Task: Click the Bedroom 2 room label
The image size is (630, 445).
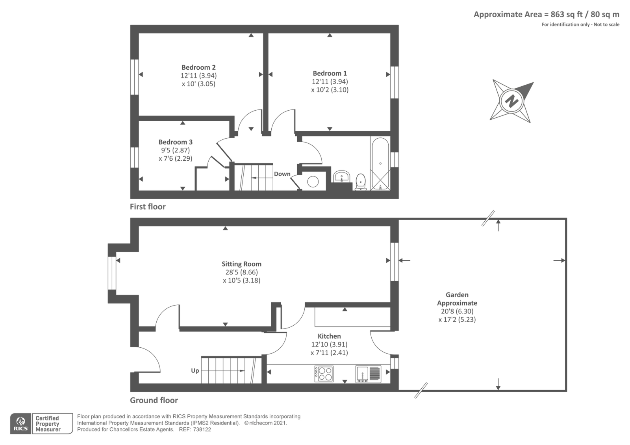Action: coord(198,67)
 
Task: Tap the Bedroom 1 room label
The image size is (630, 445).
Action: coord(330,73)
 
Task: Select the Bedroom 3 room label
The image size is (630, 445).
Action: coord(176,142)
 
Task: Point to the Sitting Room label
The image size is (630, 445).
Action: coord(241,264)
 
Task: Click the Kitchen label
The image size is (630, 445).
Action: coord(329,336)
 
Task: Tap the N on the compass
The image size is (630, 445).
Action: coord(511,100)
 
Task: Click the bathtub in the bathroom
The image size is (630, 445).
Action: coord(380,164)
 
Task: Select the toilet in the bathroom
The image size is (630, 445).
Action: coord(361,182)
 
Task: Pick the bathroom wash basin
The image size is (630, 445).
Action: coord(341,176)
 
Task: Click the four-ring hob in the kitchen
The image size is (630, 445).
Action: coord(324,374)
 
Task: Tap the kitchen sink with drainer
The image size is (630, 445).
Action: coord(368,374)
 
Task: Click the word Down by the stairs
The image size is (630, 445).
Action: coord(282,174)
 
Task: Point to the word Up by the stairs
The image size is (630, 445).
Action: coord(195,371)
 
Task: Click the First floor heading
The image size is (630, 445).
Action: coord(148,207)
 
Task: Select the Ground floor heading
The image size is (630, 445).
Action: coord(154,400)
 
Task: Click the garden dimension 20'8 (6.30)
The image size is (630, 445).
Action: coord(457,311)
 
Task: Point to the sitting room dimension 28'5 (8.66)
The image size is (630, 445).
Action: coord(242,272)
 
